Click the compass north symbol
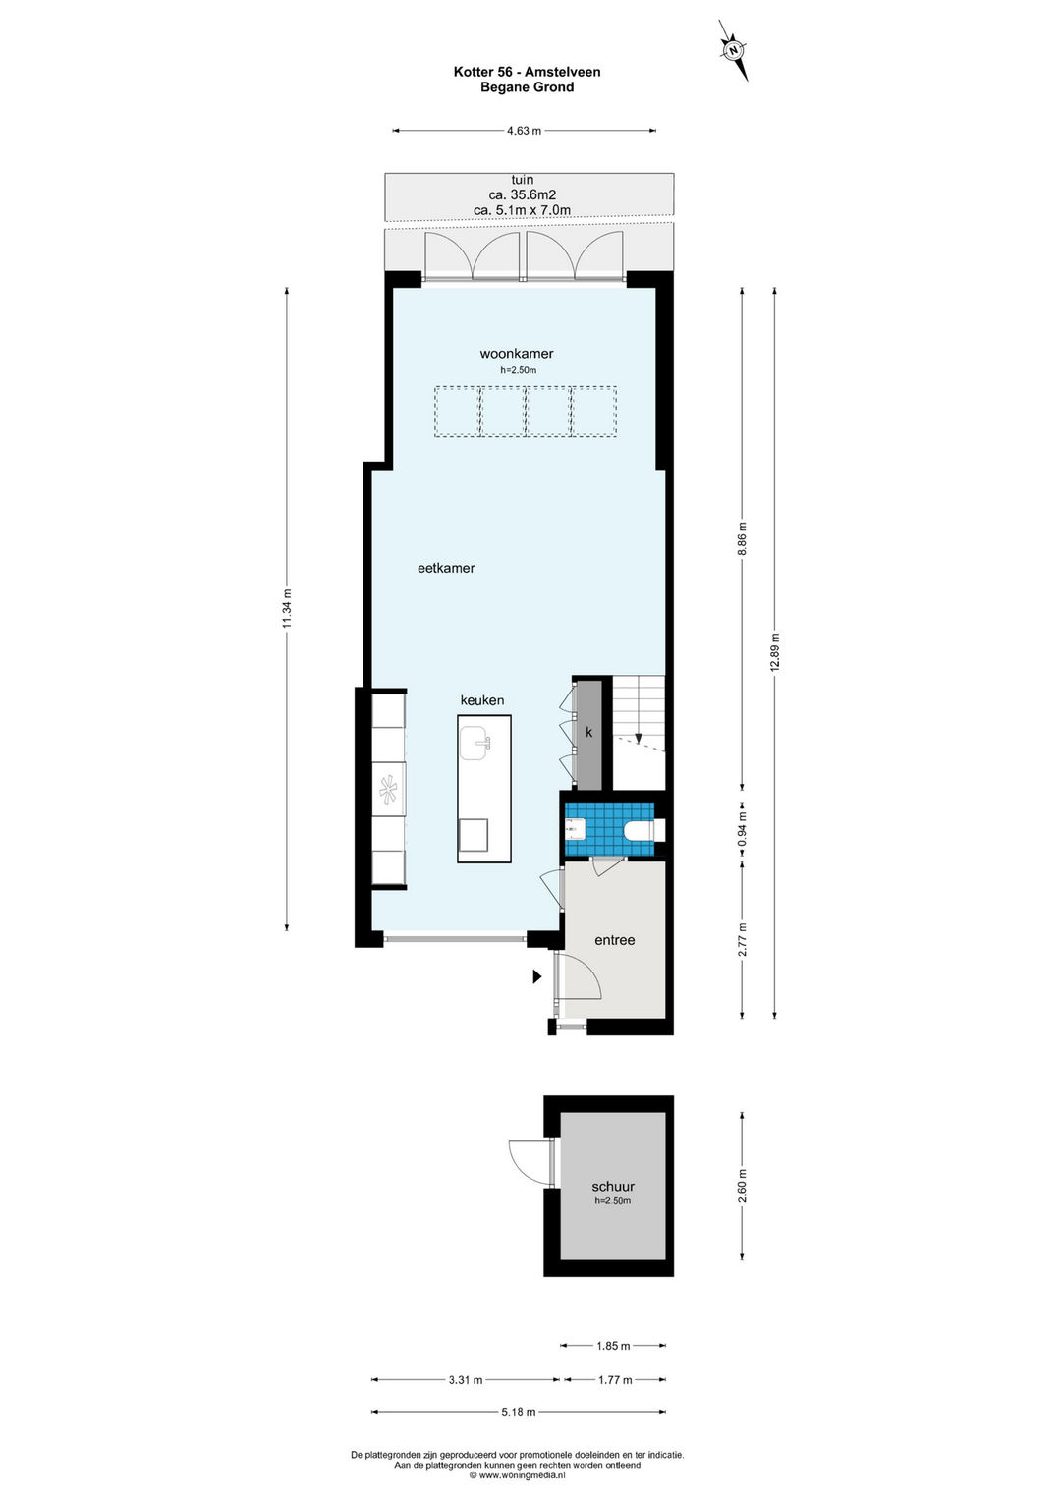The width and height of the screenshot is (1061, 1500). [734, 50]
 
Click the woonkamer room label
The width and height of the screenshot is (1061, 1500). [517, 354]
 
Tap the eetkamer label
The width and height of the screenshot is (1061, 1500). [446, 568]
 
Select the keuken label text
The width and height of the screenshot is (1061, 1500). [482, 700]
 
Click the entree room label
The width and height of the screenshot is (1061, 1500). [615, 940]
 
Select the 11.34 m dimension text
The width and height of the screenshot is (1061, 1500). [287, 608]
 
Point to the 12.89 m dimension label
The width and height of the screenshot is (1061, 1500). [775, 651]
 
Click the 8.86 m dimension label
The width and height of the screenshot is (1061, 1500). [742, 538]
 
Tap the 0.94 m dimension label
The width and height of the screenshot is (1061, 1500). [742, 829]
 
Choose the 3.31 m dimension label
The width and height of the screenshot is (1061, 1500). [466, 1380]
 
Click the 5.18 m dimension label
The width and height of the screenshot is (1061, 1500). [519, 1413]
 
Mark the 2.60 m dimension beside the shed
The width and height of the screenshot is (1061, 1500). [742, 1186]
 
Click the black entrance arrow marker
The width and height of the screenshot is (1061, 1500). [536, 977]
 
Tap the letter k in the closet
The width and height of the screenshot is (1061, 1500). [589, 733]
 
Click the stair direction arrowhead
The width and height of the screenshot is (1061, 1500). [639, 738]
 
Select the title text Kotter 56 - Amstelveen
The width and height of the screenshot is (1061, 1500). [528, 72]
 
